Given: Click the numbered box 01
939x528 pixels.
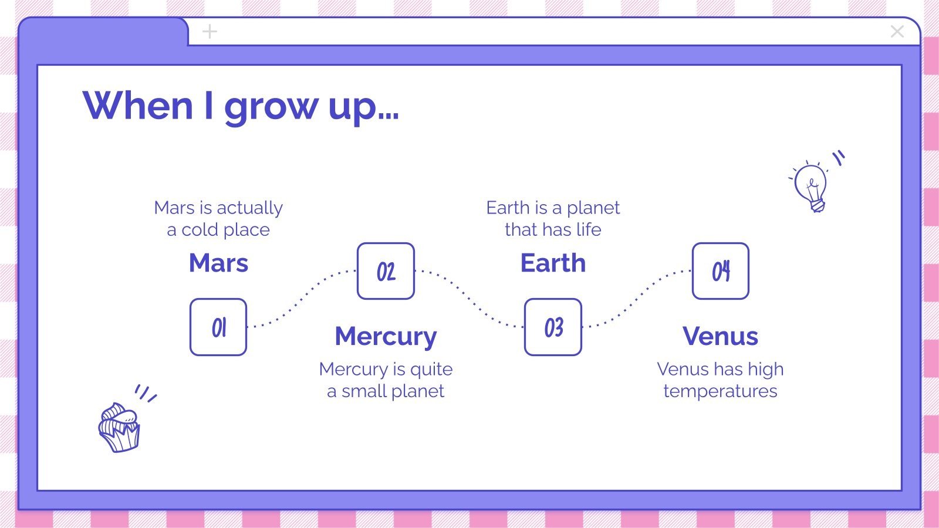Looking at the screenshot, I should point(218,327).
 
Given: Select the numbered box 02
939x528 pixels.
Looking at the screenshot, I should point(386,271).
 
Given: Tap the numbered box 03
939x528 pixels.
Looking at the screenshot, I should point(553,327).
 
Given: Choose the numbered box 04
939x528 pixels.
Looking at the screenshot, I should point(720,271).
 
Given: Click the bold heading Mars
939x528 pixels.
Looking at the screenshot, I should point(218,263).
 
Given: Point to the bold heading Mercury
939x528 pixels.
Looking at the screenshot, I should point(386,336).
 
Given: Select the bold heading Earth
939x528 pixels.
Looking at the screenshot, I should point(553,263).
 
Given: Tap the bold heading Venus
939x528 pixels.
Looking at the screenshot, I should point(720,336).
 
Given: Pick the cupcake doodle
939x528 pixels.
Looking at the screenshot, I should point(120,427).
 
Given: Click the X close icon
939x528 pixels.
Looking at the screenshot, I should point(897,32).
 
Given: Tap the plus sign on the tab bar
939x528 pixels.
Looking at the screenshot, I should point(210,32).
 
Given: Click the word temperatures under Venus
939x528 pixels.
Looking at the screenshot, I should point(720,391).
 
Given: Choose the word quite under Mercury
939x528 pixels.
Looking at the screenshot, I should point(431,370).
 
